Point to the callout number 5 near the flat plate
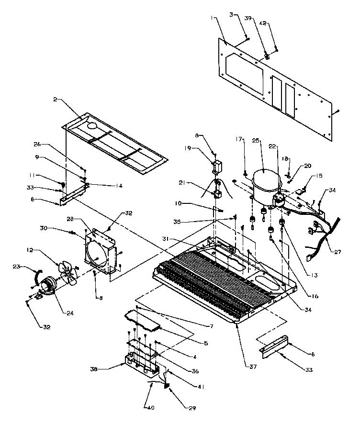[205, 344]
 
